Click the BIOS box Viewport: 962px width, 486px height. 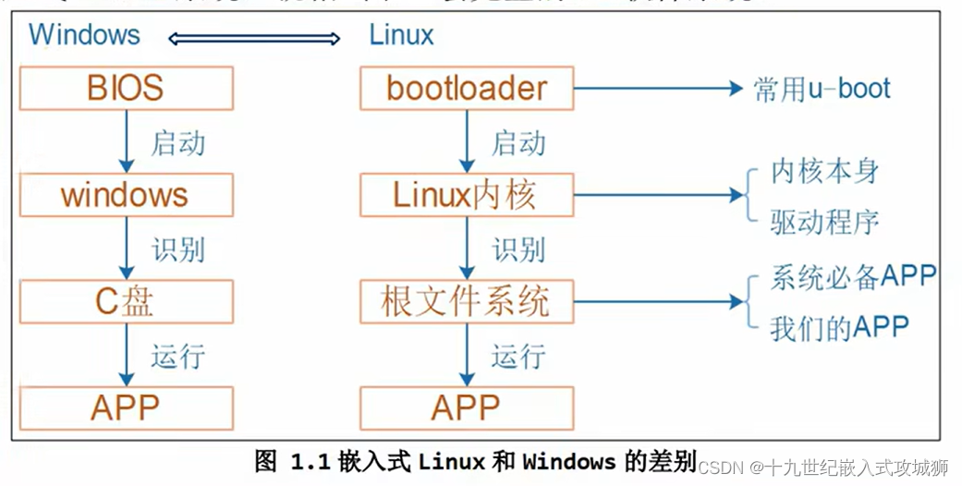[x=126, y=89]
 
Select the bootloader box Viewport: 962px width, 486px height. [x=467, y=89]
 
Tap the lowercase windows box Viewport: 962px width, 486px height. [x=126, y=195]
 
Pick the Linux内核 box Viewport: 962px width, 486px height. [x=467, y=195]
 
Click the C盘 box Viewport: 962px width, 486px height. [x=126, y=302]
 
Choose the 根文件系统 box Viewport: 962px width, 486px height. [x=467, y=302]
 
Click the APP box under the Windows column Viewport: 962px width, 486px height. [x=126, y=407]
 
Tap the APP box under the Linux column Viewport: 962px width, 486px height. [x=467, y=407]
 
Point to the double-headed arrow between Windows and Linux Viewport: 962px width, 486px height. [x=254, y=38]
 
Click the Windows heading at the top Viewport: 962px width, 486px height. [x=85, y=35]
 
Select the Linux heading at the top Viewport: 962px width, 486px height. [x=401, y=35]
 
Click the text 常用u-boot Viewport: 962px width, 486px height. [x=822, y=89]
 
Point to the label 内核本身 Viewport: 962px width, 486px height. [x=825, y=172]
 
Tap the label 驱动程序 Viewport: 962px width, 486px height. [x=825, y=221]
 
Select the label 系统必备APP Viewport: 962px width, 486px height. [x=853, y=276]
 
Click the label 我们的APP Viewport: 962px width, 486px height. [x=839, y=327]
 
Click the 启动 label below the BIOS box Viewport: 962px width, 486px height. [x=177, y=143]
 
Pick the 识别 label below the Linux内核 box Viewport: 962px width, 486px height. [x=518, y=249]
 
